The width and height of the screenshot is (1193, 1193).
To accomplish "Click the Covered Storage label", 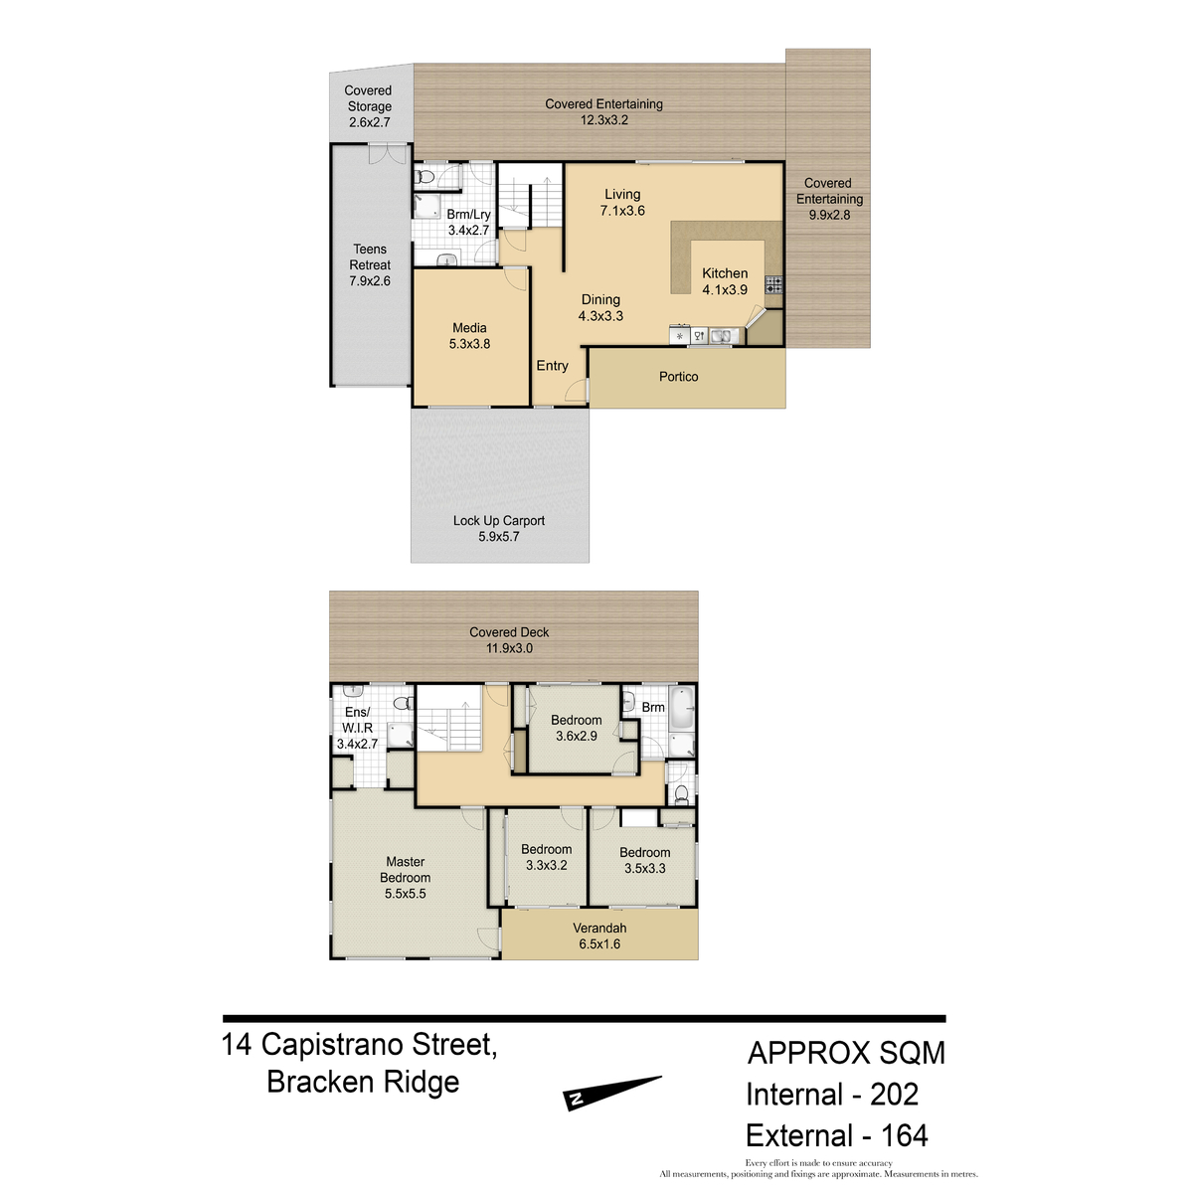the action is pos(369,106).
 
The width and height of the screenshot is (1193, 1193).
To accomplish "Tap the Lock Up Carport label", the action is pos(498,528).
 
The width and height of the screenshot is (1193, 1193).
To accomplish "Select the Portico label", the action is pos(679,377).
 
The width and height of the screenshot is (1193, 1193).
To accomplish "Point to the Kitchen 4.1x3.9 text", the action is pos(725,281).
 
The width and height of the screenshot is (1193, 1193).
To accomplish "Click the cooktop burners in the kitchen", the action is pos(773,284).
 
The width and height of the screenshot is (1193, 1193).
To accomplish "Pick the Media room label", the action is pos(469,336).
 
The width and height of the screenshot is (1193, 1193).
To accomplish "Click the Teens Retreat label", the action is pos(370,265).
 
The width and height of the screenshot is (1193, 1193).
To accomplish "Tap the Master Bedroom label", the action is pos(405,877).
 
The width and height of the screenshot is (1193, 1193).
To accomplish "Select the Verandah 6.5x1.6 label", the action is pos(599,937).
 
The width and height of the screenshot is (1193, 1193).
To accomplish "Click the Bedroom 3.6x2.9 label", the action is pos(576,728).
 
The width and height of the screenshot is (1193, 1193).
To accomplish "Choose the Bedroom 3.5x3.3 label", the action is pos(644,860).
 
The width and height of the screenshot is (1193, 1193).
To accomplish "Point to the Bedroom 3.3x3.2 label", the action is pos(546,857).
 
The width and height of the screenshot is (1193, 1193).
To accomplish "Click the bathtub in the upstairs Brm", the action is pos(683,708).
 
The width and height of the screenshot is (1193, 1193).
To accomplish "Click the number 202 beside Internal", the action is pos(894,1095).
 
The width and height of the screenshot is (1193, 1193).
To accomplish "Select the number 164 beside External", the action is pos(904,1135).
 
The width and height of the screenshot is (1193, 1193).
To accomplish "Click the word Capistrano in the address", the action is pos(332,1046).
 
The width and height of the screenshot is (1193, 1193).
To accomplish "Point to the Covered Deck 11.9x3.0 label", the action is pos(509,640).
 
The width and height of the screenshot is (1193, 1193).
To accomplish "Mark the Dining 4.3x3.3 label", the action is pos(600,307).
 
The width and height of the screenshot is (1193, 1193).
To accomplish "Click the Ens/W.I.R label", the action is pos(357,728).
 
